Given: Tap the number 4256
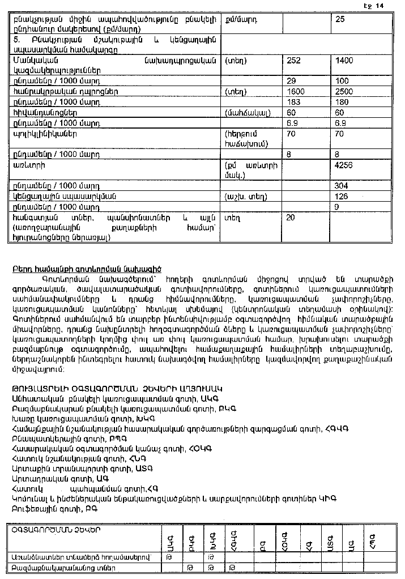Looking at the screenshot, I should click(345, 165).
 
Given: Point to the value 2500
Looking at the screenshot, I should click(345, 91).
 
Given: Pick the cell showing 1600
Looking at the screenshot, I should click(296, 91).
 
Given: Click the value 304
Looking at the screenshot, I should click(342, 186).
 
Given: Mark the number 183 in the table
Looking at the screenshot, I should click(294, 101).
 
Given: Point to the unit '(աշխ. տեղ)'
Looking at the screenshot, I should click(246, 197).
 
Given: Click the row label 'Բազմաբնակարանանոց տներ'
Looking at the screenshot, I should click(63, 567).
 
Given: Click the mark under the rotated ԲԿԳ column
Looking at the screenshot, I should click(191, 567).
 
